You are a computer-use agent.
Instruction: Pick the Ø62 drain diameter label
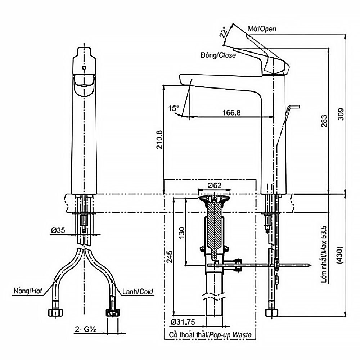click(x=215, y=186)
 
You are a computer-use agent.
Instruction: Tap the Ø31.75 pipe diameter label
click(x=183, y=321)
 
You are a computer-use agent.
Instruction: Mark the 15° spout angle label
click(x=173, y=108)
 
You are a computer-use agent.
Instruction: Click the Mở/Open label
click(x=262, y=28)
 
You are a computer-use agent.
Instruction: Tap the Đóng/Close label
click(x=219, y=55)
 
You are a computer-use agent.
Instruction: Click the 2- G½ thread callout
click(x=85, y=329)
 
